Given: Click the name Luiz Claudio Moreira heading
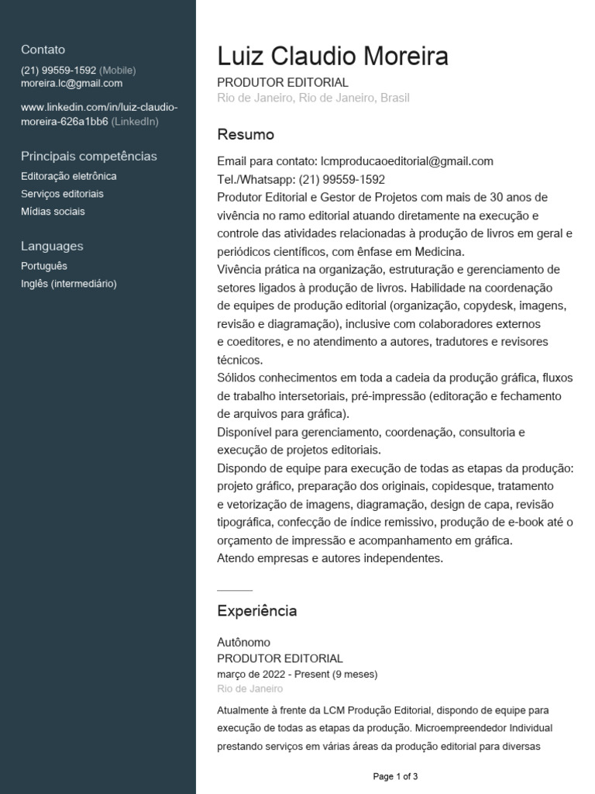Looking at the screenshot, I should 332,57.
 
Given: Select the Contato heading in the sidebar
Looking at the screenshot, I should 43,49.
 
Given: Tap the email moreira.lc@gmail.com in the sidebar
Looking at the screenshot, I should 71,84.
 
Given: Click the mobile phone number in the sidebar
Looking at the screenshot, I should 59,70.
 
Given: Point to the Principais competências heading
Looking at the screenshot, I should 88,156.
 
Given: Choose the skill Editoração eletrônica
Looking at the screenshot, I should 69,176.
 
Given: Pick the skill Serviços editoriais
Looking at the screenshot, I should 62,194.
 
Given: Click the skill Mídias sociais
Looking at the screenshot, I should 53,211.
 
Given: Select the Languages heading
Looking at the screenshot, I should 52,246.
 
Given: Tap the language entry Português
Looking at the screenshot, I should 44,266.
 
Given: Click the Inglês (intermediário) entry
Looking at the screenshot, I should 69,284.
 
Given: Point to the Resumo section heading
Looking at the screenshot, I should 246,135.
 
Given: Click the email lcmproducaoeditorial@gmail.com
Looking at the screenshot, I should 407,161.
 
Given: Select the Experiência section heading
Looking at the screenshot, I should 256,611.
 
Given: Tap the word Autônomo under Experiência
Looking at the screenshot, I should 243,642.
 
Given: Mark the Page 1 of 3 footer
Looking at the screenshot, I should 395,776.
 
